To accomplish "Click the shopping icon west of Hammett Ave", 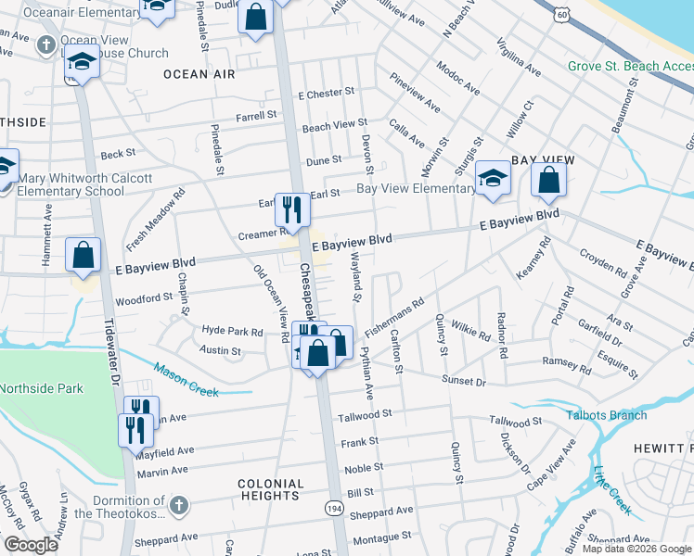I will point(84,255).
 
